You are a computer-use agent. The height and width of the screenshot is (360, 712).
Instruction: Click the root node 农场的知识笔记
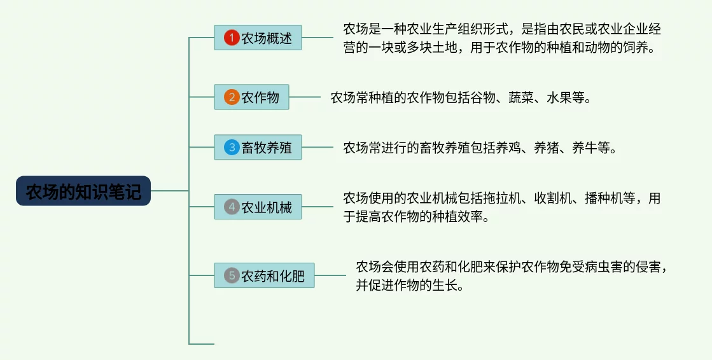(x=83, y=191)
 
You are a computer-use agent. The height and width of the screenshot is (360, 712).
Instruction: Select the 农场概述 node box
(x=258, y=38)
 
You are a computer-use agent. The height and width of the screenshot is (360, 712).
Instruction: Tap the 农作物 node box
(x=251, y=97)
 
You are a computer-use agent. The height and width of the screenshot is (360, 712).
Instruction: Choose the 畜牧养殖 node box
(x=258, y=148)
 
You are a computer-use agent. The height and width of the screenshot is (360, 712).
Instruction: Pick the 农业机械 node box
(x=258, y=207)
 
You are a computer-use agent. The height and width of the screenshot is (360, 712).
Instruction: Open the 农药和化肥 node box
(x=264, y=275)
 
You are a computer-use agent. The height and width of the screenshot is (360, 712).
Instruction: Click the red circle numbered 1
(x=231, y=38)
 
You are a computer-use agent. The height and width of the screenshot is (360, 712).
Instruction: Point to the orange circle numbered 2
(x=231, y=97)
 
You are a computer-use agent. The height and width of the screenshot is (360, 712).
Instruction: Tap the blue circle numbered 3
(x=231, y=148)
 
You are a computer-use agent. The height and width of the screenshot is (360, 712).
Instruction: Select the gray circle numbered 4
(x=231, y=207)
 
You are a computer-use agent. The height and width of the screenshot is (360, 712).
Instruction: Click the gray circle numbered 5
(x=231, y=275)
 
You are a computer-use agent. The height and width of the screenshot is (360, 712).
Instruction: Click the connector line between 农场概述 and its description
(x=317, y=38)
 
